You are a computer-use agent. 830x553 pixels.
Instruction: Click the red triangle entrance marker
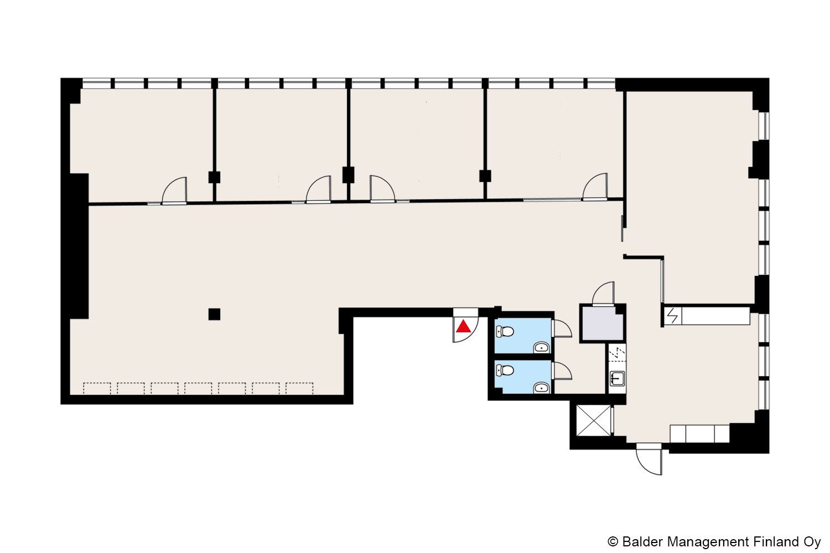[x=463, y=327]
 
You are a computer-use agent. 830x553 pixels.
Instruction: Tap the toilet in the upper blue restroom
[x=505, y=331]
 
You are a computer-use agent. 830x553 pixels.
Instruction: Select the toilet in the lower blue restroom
[x=505, y=370]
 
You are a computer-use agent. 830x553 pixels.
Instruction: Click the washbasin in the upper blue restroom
[x=541, y=347]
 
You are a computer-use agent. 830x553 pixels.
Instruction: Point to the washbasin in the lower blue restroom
[x=541, y=388]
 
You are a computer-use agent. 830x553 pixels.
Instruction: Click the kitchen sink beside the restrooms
[x=618, y=379]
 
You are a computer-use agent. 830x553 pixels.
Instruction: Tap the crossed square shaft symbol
[x=594, y=421]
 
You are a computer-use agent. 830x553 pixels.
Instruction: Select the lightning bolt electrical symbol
[x=672, y=316]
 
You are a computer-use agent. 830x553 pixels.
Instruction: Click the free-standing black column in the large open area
[x=214, y=315]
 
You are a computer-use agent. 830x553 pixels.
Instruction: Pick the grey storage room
[x=603, y=323]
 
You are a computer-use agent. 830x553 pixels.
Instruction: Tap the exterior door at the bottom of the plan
[x=649, y=460]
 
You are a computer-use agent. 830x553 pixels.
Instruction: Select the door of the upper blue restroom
[x=562, y=328]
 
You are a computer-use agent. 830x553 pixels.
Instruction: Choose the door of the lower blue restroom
[x=562, y=371]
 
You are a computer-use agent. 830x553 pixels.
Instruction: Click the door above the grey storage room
[x=603, y=293]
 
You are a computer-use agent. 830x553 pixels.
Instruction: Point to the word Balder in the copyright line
[x=642, y=542]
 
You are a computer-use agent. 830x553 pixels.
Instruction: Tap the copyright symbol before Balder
[x=613, y=542]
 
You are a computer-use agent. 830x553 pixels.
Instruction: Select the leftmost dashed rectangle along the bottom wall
[x=97, y=389]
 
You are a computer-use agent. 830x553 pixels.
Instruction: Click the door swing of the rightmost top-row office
[x=595, y=187]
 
